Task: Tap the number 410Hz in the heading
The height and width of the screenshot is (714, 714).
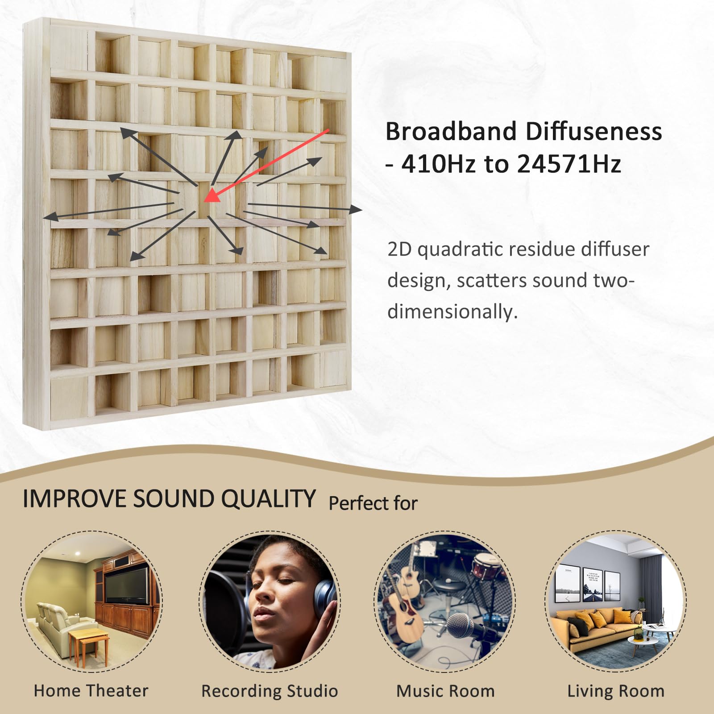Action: (439, 164)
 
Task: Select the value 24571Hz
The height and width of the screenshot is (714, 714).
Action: (569, 164)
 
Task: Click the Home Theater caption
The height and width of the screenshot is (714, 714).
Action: (91, 691)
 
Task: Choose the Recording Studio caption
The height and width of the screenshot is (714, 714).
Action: (270, 691)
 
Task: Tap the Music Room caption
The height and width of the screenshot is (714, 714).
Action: (445, 691)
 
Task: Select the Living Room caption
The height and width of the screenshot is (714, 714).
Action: (616, 691)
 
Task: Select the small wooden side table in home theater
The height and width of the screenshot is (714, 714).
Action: (89, 643)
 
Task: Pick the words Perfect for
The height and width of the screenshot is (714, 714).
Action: (373, 503)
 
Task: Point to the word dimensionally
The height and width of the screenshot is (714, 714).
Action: (452, 311)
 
